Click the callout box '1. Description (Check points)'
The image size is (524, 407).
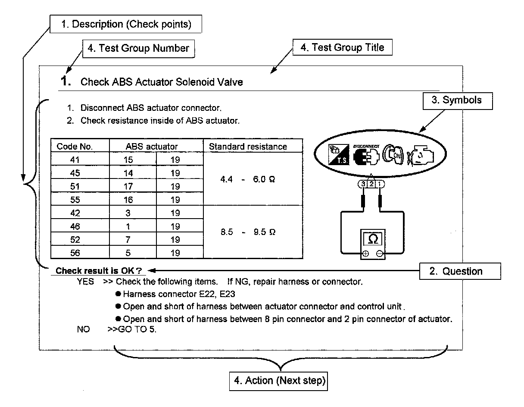126,25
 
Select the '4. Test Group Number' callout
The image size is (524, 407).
138,48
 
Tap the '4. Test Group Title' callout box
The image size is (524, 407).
342,47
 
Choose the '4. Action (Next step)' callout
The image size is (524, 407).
280,381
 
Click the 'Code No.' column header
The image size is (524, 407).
75,147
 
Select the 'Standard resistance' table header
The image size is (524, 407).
248,147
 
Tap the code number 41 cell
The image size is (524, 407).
75,160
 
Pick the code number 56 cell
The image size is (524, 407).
75,253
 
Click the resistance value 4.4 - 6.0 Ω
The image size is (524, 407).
247,180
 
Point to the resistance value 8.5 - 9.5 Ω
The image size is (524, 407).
247,233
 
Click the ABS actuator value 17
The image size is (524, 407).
128,187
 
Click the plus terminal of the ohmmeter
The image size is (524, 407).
365,254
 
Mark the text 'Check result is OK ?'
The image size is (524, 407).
99,271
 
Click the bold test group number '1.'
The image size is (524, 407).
65,81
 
